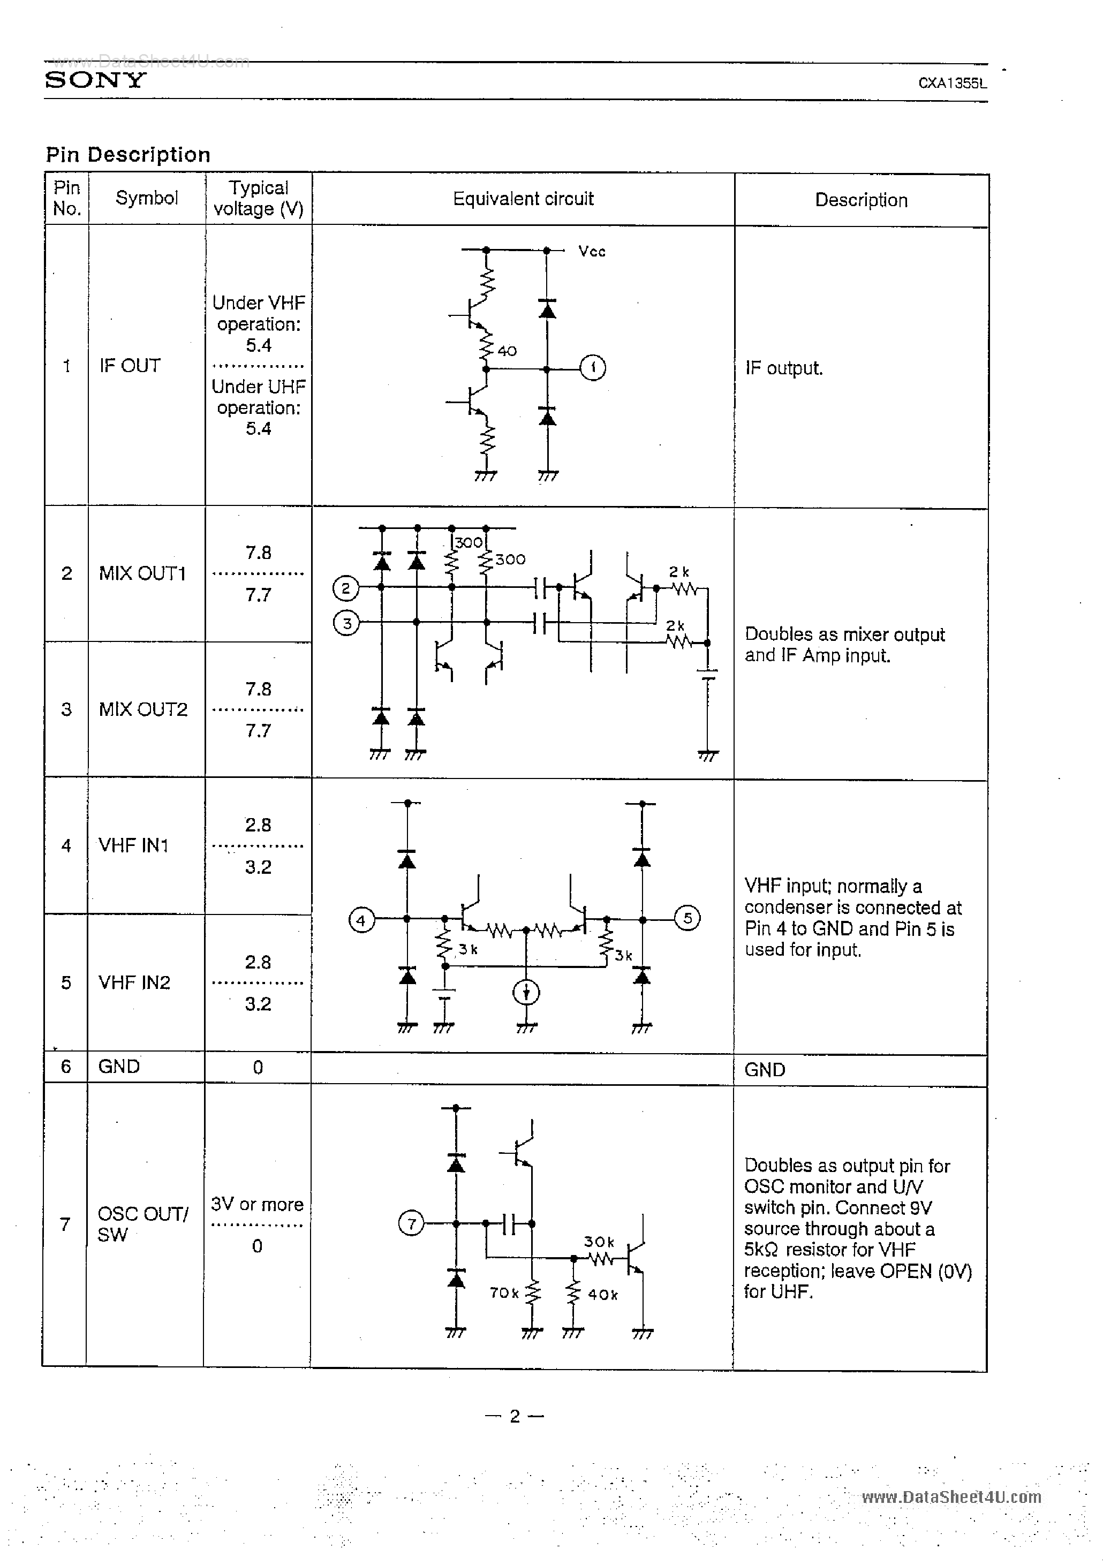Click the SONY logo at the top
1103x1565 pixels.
pyautogui.click(x=95, y=80)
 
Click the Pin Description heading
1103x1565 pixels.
pyautogui.click(x=128, y=155)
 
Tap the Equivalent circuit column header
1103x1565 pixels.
pyautogui.click(x=523, y=199)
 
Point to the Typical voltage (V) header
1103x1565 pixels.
pyautogui.click(x=259, y=198)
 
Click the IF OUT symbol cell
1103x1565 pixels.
pyautogui.click(x=130, y=366)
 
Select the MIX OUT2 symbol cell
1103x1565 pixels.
pyautogui.click(x=143, y=709)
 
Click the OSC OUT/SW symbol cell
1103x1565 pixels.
pyautogui.click(x=142, y=1223)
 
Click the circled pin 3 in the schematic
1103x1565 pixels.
pyautogui.click(x=346, y=623)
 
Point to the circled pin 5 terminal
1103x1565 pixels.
pyautogui.click(x=687, y=918)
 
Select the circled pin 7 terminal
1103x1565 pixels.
pyautogui.click(x=411, y=1223)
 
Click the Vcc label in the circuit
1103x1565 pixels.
pyautogui.click(x=592, y=252)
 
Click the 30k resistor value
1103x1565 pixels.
pyautogui.click(x=599, y=1242)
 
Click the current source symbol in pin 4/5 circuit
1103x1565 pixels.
pyautogui.click(x=526, y=993)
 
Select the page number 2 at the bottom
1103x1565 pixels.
pyautogui.click(x=515, y=1416)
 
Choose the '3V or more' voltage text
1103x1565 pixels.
pyautogui.click(x=257, y=1205)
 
